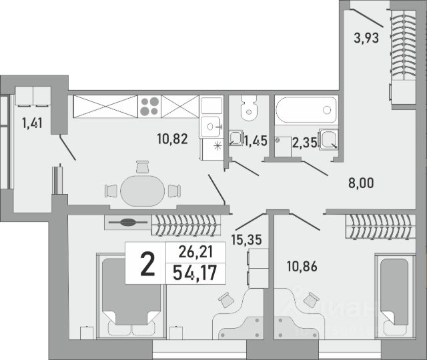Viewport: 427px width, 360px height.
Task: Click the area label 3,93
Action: [x=367, y=38]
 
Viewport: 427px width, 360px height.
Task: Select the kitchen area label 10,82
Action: [x=172, y=139]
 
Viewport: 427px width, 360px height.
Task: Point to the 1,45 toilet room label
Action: [x=256, y=141]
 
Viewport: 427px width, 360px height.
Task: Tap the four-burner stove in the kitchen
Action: [x=149, y=105]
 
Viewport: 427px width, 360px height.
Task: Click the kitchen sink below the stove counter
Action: [x=211, y=125]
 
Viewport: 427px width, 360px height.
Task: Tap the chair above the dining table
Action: [x=142, y=166]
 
